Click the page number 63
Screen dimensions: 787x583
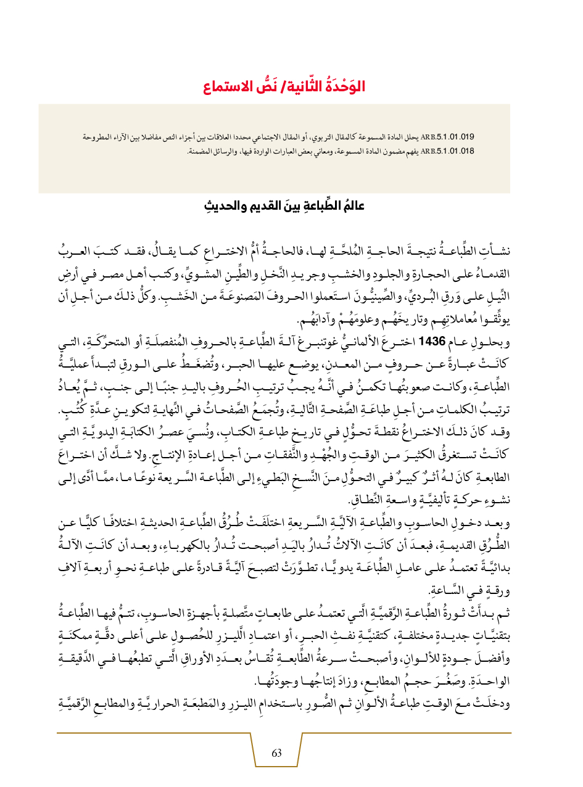point(276,753)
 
